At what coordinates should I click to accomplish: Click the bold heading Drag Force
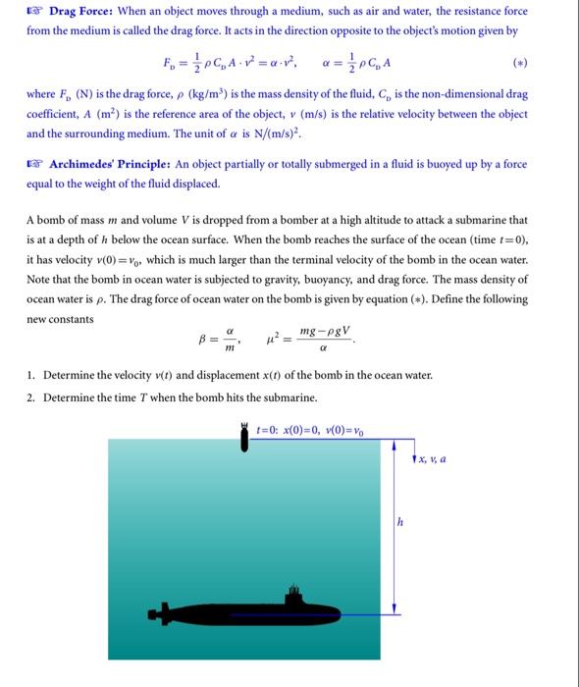point(83,12)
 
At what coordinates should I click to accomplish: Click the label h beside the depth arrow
point(399,522)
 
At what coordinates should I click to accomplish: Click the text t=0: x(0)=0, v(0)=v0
point(310,429)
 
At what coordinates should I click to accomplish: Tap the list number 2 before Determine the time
point(31,397)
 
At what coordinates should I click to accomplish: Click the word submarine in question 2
point(289,397)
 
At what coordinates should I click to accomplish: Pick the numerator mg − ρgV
point(326,334)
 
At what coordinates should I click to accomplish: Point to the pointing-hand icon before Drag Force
point(34,12)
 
